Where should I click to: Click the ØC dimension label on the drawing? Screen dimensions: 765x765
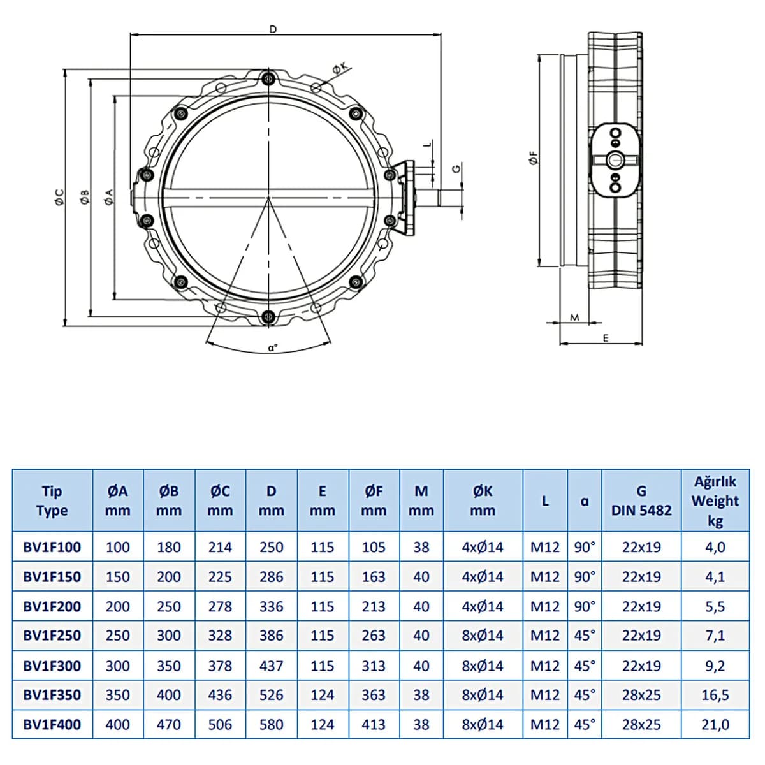tap(59, 197)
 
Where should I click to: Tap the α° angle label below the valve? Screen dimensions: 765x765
tap(272, 348)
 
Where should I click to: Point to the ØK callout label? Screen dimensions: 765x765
tap(340, 69)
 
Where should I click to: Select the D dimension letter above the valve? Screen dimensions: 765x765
tap(273, 29)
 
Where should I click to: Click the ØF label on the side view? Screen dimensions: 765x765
tap(533, 157)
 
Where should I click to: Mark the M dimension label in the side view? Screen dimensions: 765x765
tap(574, 317)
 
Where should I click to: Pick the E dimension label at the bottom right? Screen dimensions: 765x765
tap(606, 338)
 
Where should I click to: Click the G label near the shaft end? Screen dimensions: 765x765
tap(456, 168)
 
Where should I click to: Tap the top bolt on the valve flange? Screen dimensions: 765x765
tap(269, 78)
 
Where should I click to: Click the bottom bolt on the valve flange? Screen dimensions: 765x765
tap(269, 317)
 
